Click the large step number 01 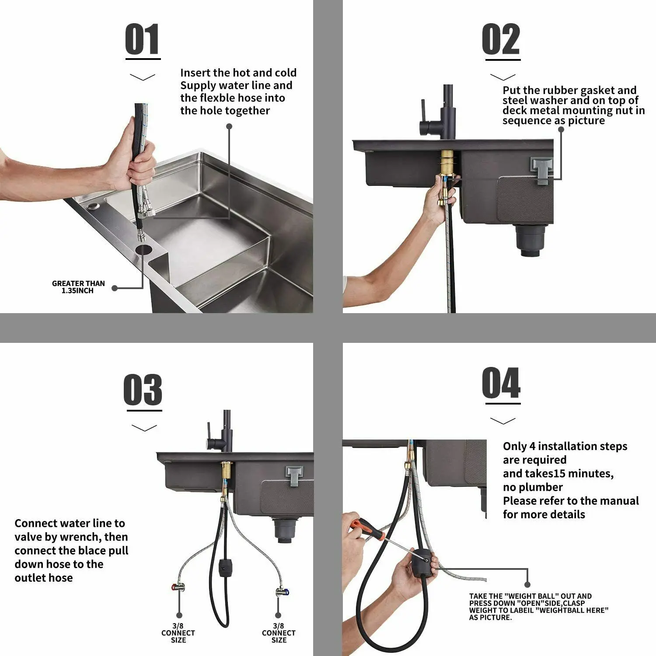(143, 39)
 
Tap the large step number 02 (501, 39)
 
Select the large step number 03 (143, 390)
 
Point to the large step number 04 (501, 383)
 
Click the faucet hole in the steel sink (143, 250)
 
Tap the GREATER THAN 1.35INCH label (78, 287)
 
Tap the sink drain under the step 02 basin (530, 240)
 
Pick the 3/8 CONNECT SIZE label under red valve (178, 633)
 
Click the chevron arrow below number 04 (503, 421)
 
